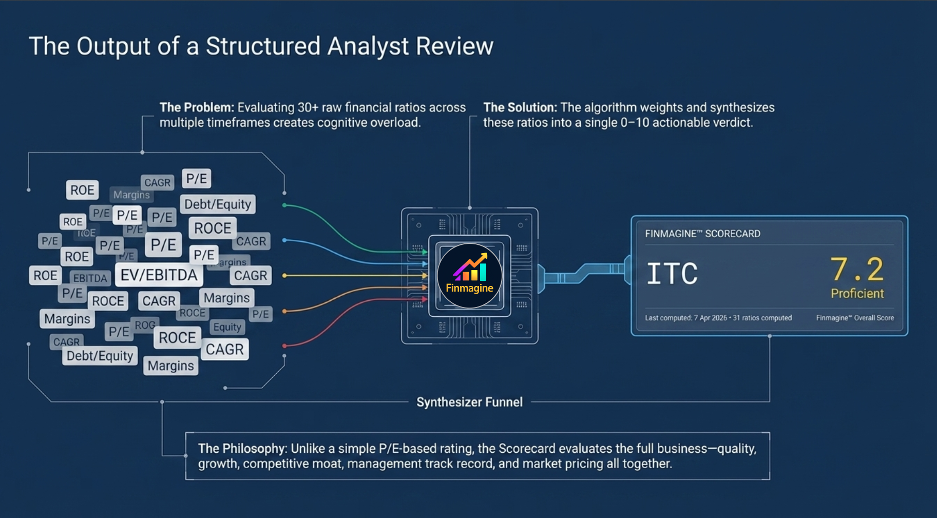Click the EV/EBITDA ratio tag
click(159, 275)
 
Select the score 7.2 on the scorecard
click(856, 270)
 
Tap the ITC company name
click(672, 274)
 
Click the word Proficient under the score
click(857, 294)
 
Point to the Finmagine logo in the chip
click(469, 276)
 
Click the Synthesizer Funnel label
click(469, 402)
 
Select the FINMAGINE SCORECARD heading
click(702, 234)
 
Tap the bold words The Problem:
click(197, 107)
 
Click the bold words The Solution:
click(520, 107)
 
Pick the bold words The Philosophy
click(241, 448)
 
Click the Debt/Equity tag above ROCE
click(218, 204)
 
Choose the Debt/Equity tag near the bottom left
click(100, 356)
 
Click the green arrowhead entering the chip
click(425, 252)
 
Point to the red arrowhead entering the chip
click(425, 299)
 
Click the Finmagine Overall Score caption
click(855, 318)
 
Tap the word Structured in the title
click(263, 46)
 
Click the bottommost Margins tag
click(170, 366)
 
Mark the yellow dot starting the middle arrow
click(284, 276)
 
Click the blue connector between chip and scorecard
click(585, 273)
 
